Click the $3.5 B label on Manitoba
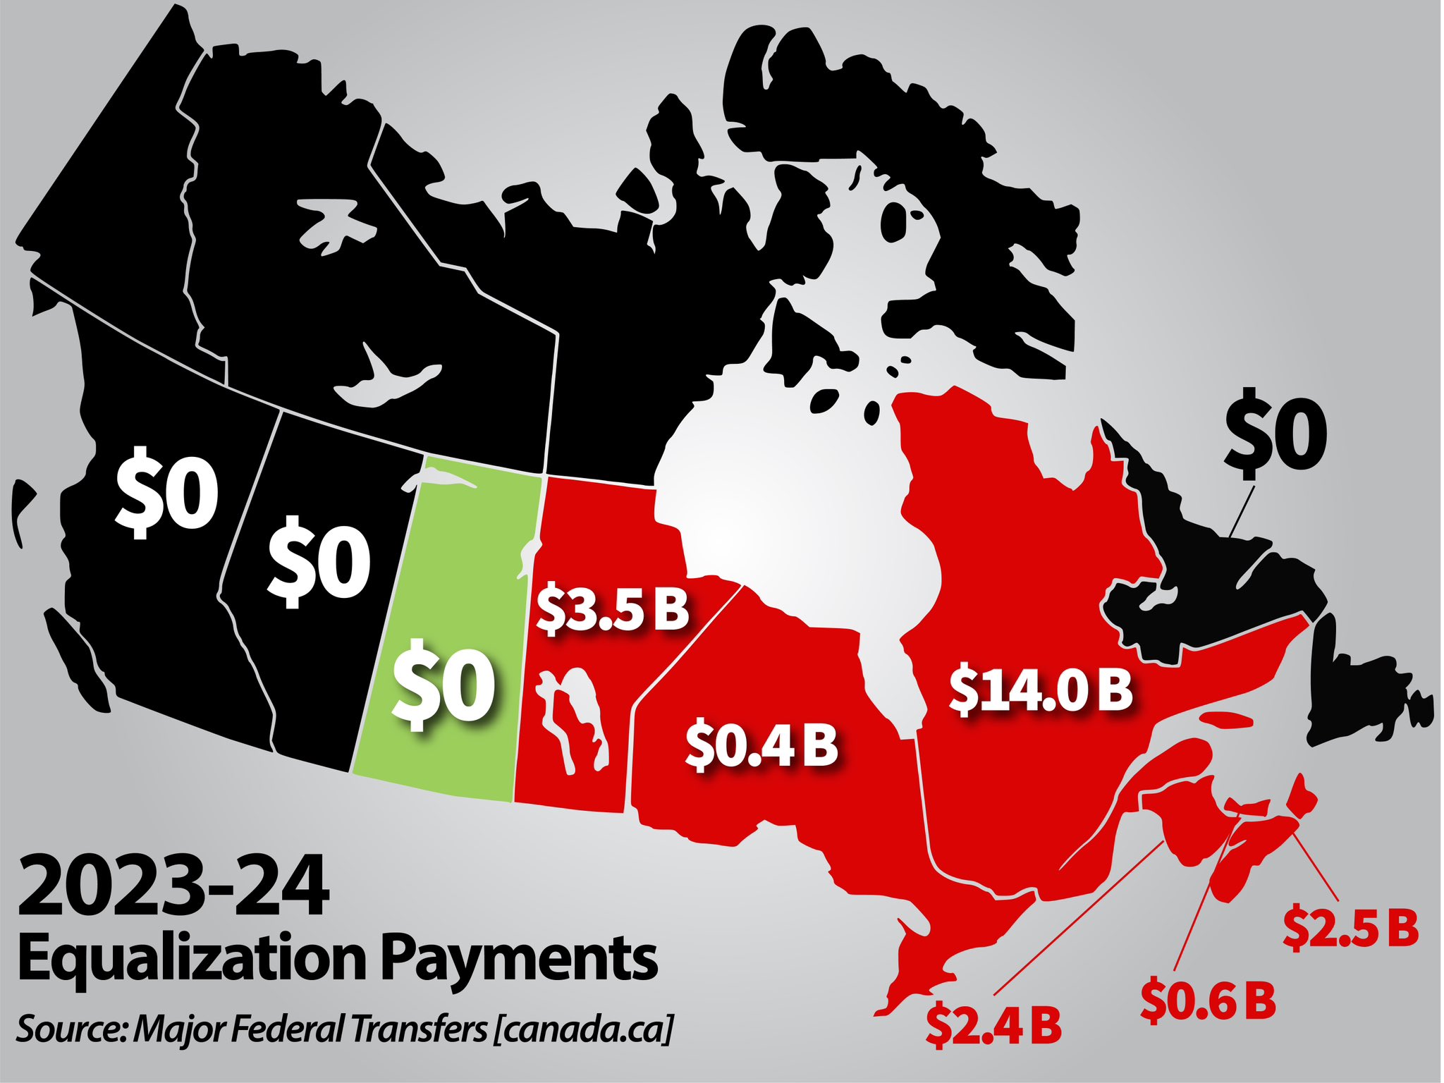(x=612, y=610)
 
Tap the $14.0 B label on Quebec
(x=1040, y=691)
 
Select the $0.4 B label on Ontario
(x=761, y=746)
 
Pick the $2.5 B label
(x=1350, y=929)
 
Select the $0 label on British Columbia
(x=167, y=491)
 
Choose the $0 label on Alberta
(x=319, y=561)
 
